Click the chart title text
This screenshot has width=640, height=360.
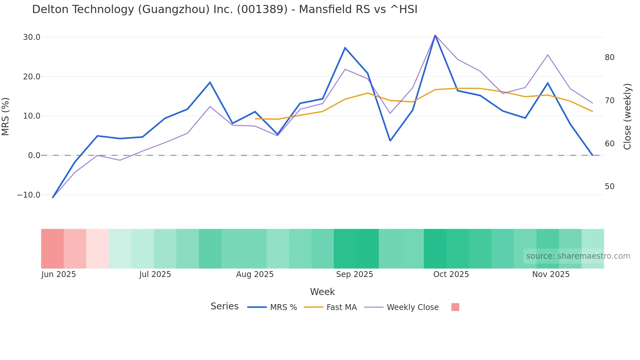coord(225,9)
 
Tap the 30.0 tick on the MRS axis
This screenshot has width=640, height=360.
coord(32,37)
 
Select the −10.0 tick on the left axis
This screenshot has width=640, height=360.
coord(29,195)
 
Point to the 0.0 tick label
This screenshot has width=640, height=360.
coord(34,155)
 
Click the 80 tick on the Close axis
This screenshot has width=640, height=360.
coord(609,57)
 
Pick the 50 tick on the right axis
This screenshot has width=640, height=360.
coord(609,187)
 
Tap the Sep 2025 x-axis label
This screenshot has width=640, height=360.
coord(354,274)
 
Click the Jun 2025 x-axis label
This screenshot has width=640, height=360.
coord(58,274)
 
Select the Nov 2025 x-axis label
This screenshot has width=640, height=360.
coord(551,274)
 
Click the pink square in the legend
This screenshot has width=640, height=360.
coord(455,307)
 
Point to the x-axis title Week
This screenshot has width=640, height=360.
coord(322,292)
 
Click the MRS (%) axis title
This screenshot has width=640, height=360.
coord(6,116)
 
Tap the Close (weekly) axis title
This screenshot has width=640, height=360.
coord(627,116)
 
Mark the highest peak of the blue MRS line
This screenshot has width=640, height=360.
coord(435,35)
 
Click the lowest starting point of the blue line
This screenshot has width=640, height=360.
coord(53,197)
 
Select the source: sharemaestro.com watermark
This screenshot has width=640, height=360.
coord(578,256)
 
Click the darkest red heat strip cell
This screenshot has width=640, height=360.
coord(52,249)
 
